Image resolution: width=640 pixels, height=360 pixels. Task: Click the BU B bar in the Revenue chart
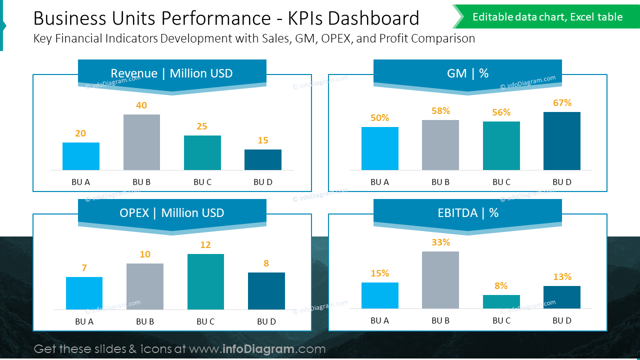141,142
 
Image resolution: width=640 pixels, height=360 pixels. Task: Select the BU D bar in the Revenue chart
263,159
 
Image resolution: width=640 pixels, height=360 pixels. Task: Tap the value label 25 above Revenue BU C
202,126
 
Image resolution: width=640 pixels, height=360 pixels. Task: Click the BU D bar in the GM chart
562,141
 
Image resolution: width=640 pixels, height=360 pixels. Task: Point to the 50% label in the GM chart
380,118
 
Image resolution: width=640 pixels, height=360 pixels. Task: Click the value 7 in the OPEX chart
84,268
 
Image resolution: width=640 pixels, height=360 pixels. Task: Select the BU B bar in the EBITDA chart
440,280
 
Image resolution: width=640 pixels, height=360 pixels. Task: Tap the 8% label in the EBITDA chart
501,286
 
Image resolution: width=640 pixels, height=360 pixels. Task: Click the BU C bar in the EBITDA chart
501,301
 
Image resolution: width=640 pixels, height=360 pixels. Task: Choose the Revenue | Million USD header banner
172,73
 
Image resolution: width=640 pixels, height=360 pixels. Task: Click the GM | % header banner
467,73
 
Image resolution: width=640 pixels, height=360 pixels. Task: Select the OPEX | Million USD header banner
172,213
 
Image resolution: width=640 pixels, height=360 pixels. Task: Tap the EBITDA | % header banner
467,213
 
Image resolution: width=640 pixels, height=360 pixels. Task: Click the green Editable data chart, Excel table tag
547,17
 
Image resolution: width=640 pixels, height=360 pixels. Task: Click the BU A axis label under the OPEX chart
84,321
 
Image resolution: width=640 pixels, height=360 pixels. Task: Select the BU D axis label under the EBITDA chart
562,320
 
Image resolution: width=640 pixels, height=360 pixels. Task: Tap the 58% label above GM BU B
440,111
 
